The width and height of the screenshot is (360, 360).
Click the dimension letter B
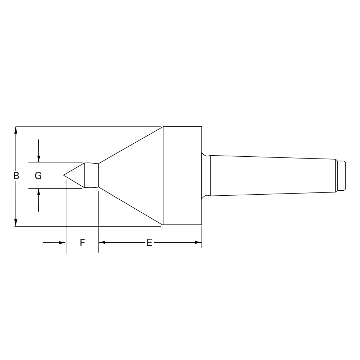[16, 176]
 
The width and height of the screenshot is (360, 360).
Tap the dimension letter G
[38, 176]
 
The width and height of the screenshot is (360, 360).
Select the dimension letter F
[82, 243]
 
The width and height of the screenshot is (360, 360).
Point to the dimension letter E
[149, 243]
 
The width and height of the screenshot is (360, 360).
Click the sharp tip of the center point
[64, 175]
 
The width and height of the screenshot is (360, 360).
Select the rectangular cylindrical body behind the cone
[182, 175]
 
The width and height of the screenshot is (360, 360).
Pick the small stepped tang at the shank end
[341, 175]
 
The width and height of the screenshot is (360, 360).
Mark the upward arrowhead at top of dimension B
[16, 130]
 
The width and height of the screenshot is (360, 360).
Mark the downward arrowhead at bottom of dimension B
[16, 223]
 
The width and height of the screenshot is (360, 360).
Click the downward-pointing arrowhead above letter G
[39, 159]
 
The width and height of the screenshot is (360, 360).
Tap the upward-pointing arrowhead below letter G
[39, 192]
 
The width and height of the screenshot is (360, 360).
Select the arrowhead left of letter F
[62, 243]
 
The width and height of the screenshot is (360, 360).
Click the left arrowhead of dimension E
[102, 242]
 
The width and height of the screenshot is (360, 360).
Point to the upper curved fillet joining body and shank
[205, 155]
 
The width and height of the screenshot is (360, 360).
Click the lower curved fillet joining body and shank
[205, 196]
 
